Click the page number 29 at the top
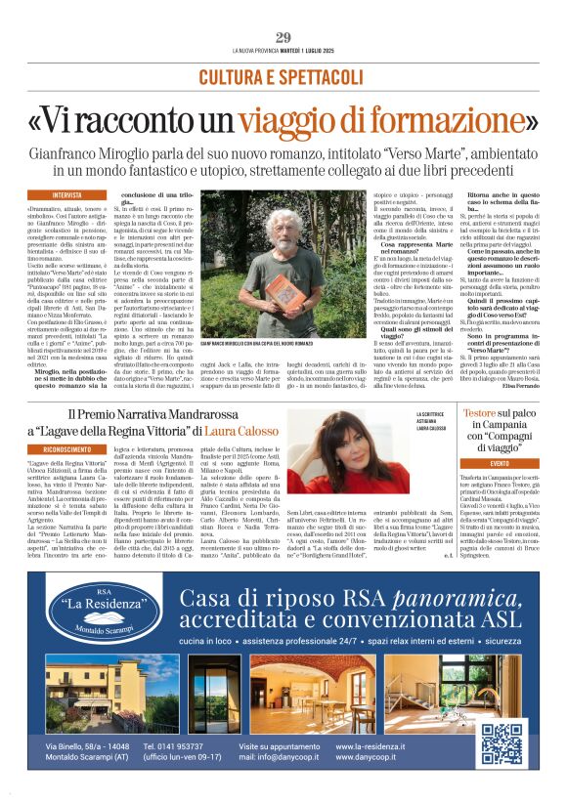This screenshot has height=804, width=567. pos(283,37)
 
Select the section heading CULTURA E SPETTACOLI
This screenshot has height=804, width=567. pos(283,76)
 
